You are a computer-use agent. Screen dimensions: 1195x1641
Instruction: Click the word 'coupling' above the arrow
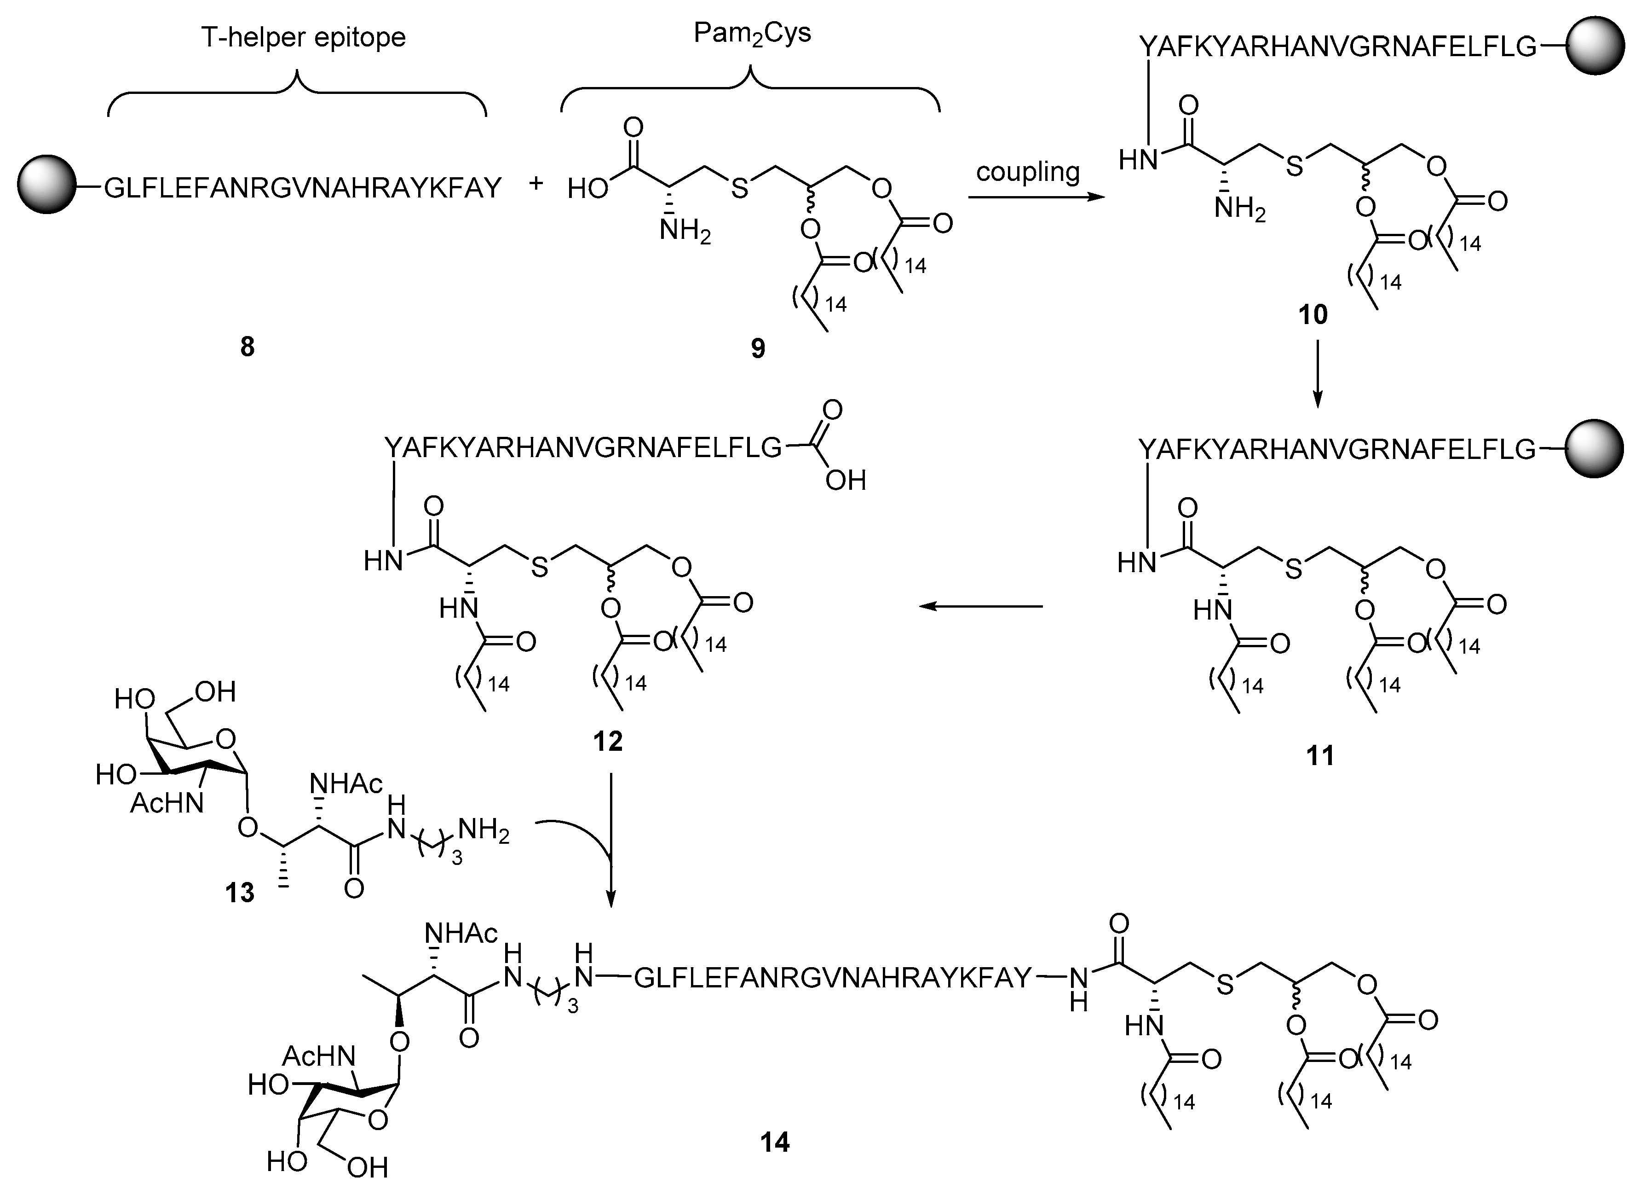(x=1027, y=172)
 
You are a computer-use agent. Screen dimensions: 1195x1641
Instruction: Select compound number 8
(x=248, y=348)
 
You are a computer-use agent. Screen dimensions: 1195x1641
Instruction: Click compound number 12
(x=608, y=741)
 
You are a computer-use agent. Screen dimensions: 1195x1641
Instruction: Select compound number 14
(x=775, y=1142)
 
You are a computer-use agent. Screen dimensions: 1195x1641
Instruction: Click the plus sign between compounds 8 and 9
(x=535, y=184)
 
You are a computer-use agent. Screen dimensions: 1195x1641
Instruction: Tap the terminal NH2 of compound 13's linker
(x=484, y=832)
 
